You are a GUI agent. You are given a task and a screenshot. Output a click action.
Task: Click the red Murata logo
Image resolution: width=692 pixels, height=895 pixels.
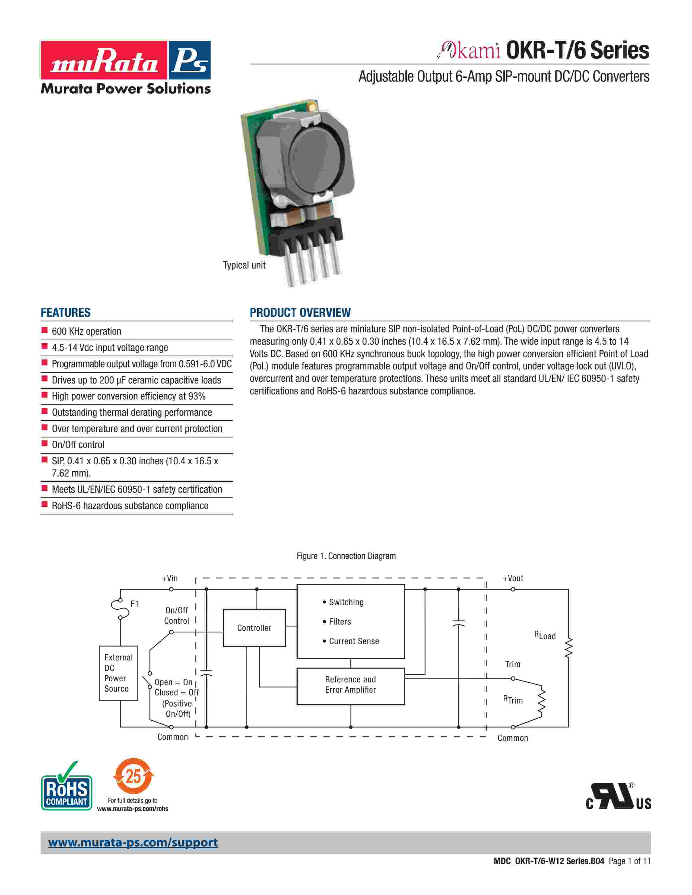click(104, 60)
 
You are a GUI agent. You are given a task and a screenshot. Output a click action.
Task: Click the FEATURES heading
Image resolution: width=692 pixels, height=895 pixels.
click(66, 313)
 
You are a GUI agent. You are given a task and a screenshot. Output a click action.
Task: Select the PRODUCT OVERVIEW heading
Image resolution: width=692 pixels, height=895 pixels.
click(300, 313)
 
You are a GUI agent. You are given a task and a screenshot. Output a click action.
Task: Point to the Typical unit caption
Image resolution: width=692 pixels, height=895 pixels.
click(244, 265)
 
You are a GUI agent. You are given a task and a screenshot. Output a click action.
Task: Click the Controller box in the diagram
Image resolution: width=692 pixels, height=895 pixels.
click(254, 628)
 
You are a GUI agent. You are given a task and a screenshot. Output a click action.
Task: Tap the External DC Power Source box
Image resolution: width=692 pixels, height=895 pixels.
click(118, 673)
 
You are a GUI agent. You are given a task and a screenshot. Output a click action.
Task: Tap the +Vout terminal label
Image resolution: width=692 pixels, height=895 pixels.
click(513, 578)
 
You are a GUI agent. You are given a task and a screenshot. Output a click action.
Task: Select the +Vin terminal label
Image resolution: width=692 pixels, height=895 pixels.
click(170, 578)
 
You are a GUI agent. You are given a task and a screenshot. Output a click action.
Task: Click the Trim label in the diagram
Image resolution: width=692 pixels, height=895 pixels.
click(512, 664)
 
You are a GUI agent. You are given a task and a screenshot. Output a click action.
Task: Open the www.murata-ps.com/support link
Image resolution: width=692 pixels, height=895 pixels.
click(133, 843)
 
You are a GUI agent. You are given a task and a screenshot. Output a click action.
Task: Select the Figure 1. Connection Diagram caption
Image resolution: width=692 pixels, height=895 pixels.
click(346, 556)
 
